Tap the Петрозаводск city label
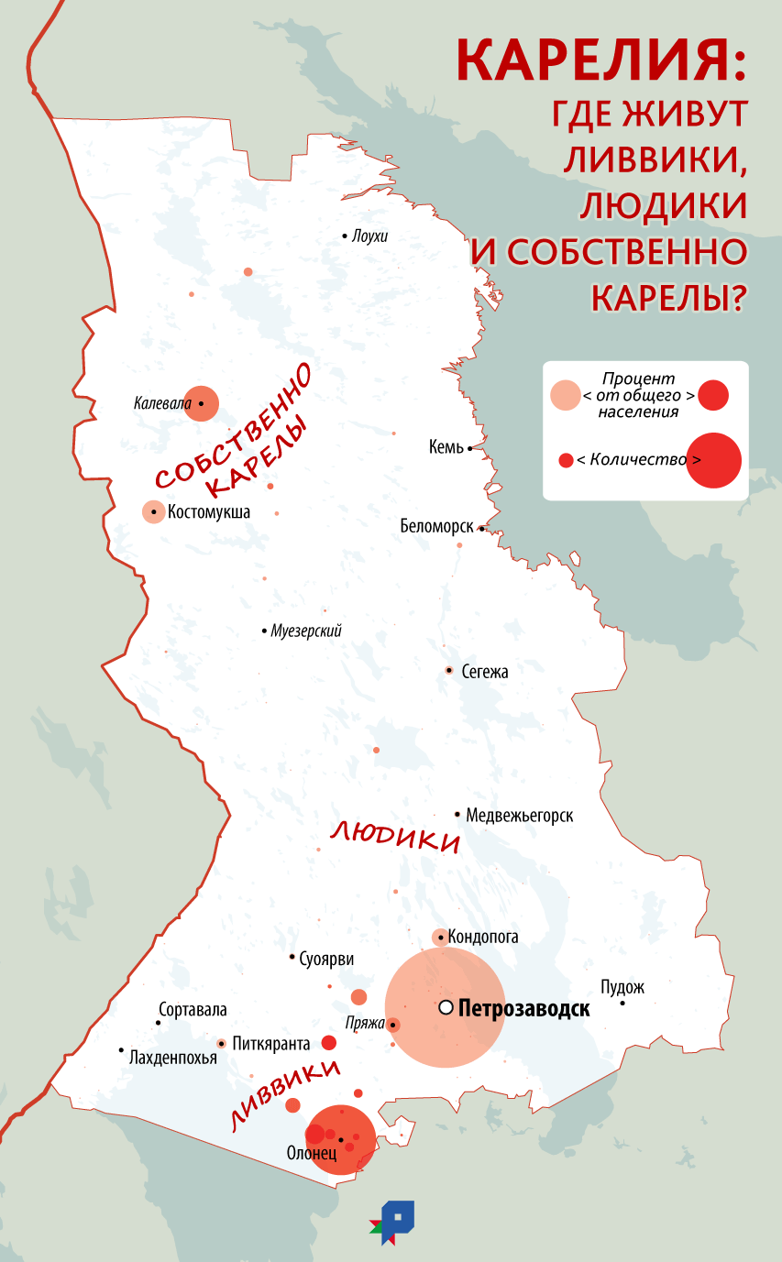pos(523,1009)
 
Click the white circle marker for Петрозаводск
pos(446,1007)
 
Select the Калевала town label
pos(162,402)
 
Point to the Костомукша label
pos(208,512)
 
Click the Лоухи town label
pos(369,236)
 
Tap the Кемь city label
pos(446,448)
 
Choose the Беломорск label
pos(436,527)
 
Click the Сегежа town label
pos(485,672)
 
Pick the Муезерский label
pos(306,631)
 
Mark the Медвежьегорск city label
pos(519,815)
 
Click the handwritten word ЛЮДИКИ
pos(394,837)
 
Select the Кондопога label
pos(482,937)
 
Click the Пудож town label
pos(622,987)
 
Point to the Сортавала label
pos(193,1010)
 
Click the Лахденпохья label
pos(173,1058)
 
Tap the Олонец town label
pos(312,1153)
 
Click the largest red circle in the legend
pos(713,460)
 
